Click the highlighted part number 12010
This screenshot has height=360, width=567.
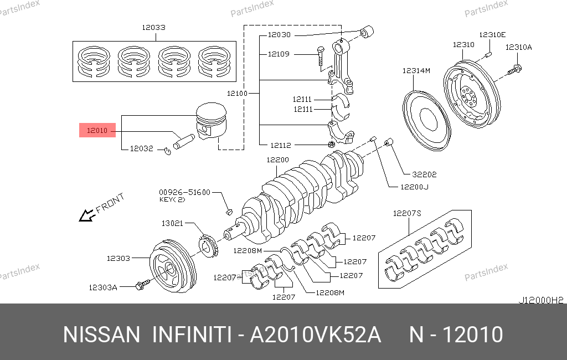click(97, 131)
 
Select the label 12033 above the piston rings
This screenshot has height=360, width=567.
click(153, 27)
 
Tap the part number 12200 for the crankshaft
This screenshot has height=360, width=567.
click(277, 160)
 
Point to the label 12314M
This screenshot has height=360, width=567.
click(416, 71)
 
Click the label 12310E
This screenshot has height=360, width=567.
click(493, 34)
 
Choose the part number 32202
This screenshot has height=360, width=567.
click(424, 174)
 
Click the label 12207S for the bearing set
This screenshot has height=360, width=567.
click(407, 213)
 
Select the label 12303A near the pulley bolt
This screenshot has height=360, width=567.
click(103, 287)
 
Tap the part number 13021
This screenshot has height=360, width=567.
click(172, 223)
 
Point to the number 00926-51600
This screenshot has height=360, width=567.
click(185, 192)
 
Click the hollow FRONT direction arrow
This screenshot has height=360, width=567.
click(86, 215)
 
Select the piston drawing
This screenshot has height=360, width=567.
click(212, 123)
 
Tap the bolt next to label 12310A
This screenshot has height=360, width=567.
click(515, 70)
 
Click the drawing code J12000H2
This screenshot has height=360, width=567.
click(540, 300)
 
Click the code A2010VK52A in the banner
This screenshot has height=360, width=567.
click(315, 335)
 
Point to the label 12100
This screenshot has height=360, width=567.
click(238, 94)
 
